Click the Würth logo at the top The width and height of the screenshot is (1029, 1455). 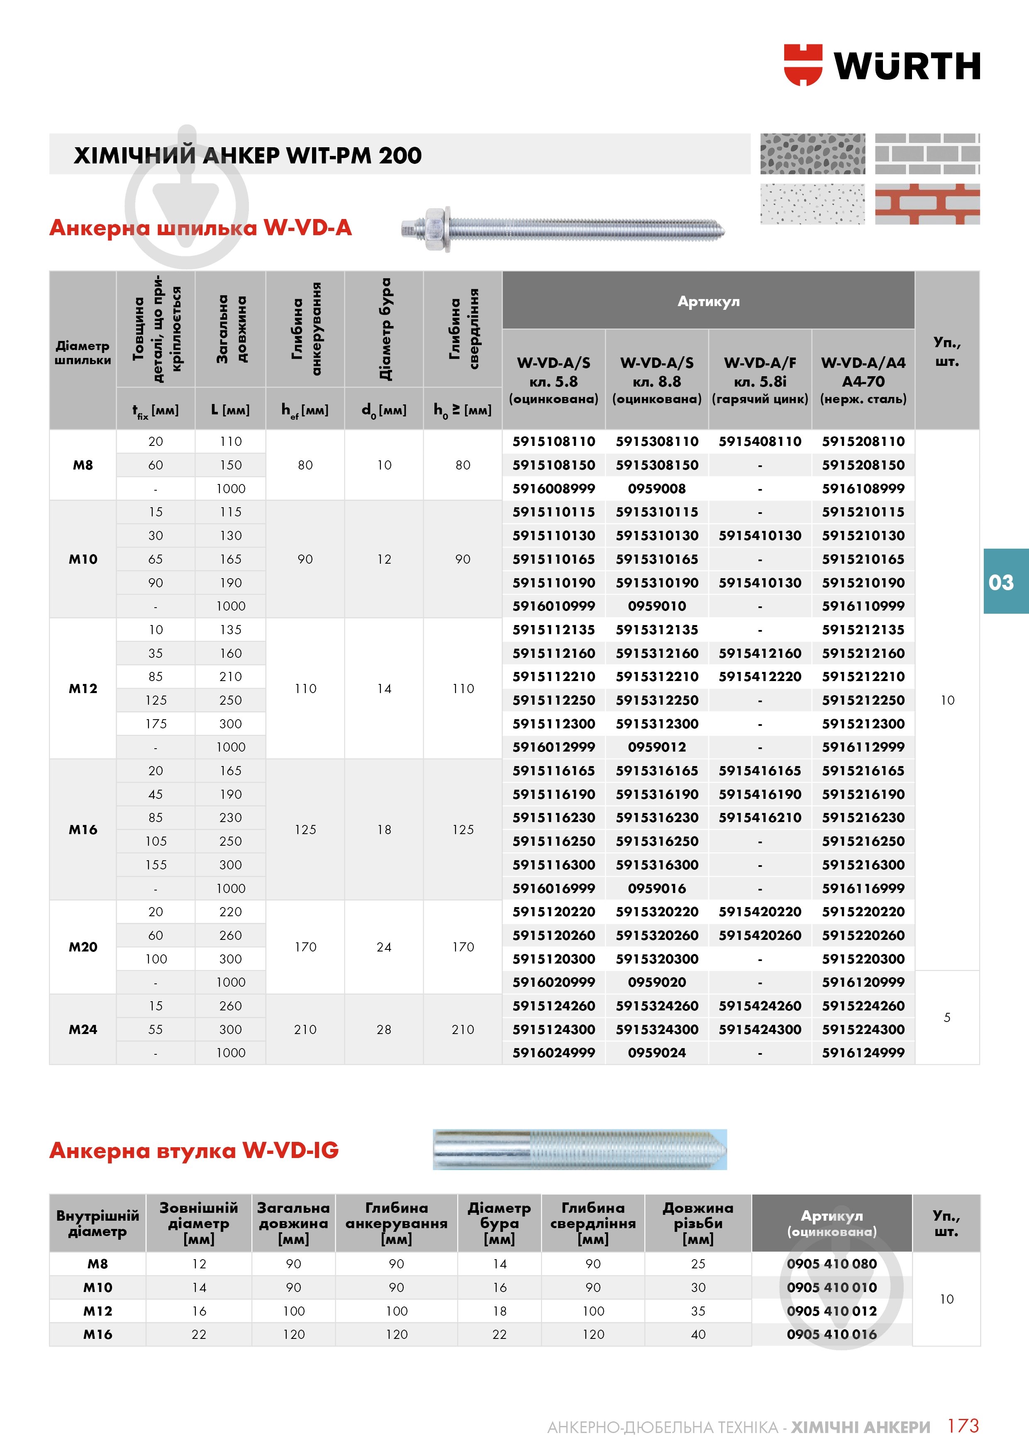881,65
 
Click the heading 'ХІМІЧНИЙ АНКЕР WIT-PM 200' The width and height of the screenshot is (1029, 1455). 247,155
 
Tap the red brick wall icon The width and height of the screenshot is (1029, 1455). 927,204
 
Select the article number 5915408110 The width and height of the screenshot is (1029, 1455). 760,442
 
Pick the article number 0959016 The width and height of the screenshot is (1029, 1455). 657,888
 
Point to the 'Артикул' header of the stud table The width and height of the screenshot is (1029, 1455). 708,301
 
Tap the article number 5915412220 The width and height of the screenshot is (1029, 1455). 760,677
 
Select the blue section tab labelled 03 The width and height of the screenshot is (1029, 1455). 1001,582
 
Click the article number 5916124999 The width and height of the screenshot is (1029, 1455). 863,1053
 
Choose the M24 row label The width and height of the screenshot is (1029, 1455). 83,1029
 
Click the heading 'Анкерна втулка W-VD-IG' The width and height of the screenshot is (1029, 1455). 194,1150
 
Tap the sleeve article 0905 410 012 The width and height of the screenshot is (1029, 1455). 831,1311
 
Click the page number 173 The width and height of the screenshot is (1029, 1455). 963,1426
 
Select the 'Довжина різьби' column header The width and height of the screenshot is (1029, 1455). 697,1223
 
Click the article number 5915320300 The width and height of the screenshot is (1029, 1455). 657,959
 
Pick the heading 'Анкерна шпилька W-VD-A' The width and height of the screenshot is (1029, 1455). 200,228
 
